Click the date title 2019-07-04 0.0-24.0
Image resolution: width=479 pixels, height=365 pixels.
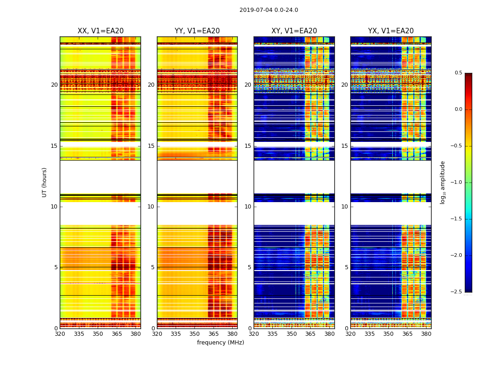coord(269,10)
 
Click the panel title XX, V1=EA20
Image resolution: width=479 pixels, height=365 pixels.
coord(100,31)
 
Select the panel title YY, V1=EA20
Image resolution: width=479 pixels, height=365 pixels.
coord(197,31)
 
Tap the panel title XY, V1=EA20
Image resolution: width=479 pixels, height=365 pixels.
coord(294,31)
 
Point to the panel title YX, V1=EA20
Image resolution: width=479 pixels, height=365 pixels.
coord(391,31)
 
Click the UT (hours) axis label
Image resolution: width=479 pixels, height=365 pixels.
coord(45,182)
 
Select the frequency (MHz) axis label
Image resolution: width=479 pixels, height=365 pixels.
coord(220,343)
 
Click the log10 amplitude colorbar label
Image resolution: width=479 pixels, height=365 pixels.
coord(443,182)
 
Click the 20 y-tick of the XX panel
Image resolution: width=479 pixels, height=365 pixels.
coord(54,85)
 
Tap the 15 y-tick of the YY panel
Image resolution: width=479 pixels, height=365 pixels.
coord(151,146)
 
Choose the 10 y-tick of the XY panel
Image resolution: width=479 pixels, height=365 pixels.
coord(248,207)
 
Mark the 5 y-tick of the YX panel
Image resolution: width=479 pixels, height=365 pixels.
coord(346,267)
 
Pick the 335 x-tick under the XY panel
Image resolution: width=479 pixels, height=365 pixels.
coord(272,334)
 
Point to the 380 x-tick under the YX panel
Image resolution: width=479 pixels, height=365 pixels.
coord(426,334)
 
